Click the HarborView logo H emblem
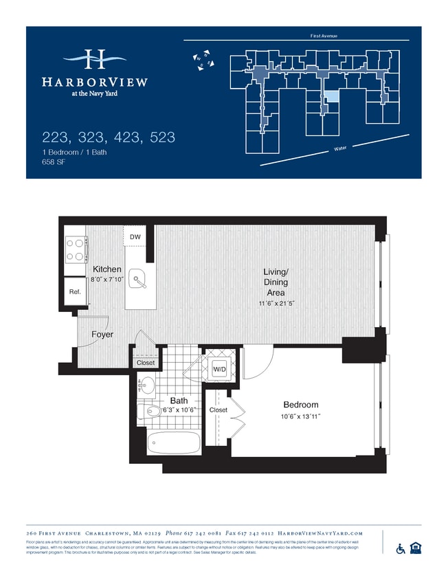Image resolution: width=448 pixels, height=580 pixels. coord(95,60)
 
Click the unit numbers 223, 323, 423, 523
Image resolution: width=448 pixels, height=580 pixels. coord(109,137)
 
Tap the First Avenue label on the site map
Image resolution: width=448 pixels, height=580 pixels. coord(324,36)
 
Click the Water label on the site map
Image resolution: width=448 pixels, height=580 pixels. coord(339,148)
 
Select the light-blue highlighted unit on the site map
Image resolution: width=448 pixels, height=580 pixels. coord(331,98)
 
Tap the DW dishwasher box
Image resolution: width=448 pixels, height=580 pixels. coord(135,238)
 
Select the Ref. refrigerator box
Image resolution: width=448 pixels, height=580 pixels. coord(74,291)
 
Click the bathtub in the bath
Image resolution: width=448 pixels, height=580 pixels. coord(173,441)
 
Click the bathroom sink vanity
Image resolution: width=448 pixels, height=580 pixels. coord(146,385)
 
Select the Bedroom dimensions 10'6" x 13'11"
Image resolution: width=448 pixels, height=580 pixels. coord(301,416)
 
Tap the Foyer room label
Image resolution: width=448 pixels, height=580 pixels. coord(102,335)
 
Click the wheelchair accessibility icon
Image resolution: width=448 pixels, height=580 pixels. coord(401,548)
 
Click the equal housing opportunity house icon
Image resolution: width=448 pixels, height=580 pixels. coord(415,548)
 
